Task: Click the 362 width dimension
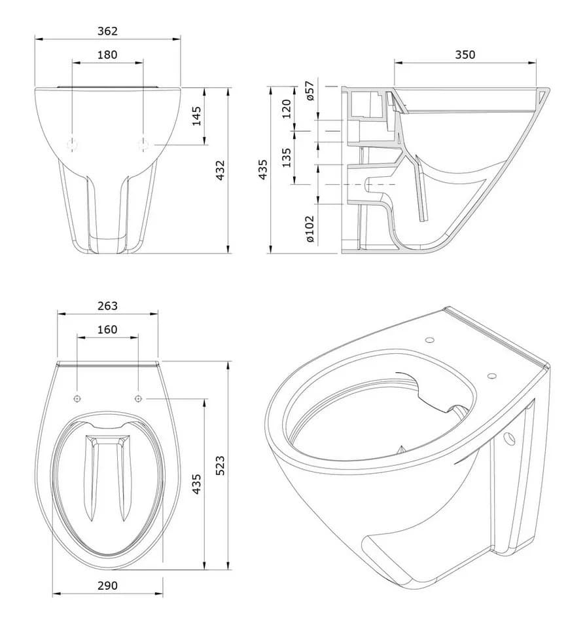point(107,31)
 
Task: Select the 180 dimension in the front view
point(107,54)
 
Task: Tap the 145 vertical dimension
point(196,116)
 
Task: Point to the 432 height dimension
point(220,170)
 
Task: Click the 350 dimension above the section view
point(465,54)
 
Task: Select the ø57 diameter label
point(310,90)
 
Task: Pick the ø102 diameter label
point(310,229)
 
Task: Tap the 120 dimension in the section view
point(286,109)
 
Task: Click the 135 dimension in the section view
point(286,158)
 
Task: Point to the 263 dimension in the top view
point(107,306)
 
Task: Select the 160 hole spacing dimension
point(107,330)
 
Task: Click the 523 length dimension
point(220,465)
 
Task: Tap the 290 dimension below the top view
point(107,586)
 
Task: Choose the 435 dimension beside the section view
point(262,169)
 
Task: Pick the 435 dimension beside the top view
point(196,484)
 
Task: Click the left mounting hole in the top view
point(77,398)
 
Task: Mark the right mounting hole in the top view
point(138,398)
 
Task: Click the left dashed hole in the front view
point(72,144)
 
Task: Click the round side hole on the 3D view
point(509,439)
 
